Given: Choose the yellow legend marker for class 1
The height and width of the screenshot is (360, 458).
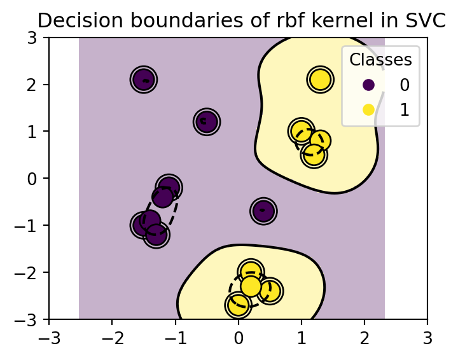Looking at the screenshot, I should coord(368,109).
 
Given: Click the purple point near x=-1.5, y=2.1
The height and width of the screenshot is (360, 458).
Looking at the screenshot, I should coord(144,80).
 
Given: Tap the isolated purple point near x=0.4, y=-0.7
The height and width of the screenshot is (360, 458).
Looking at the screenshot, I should coord(263,211).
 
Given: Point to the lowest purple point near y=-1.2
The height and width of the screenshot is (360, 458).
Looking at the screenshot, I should coord(156,235).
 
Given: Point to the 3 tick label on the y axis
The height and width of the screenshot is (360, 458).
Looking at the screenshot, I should coord(34,38).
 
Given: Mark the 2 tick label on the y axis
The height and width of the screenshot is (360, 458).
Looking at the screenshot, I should coord(34,85).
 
